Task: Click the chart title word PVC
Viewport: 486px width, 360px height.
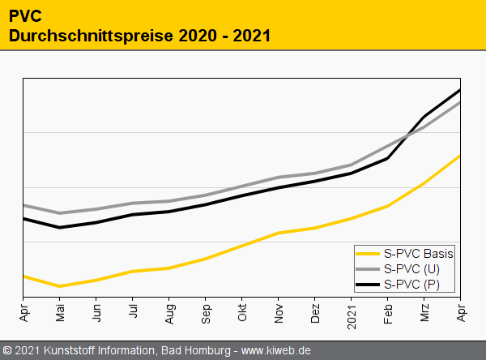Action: [27, 16]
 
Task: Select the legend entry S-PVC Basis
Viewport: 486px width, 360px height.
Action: [419, 254]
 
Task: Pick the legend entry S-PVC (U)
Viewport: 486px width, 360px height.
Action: [412, 268]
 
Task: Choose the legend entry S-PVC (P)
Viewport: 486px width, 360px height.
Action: [412, 284]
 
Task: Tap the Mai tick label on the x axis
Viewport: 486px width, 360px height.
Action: [60, 311]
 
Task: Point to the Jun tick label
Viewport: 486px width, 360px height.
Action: [96, 311]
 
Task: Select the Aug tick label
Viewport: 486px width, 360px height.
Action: [169, 311]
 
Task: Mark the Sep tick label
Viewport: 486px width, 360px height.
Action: [206, 311]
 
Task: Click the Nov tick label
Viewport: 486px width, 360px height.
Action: [279, 311]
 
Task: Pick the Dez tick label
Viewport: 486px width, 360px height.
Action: [315, 311]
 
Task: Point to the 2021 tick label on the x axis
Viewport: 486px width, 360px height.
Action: [352, 313]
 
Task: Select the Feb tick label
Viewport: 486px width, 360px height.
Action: [388, 311]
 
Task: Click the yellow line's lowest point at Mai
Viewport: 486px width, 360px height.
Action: [60, 286]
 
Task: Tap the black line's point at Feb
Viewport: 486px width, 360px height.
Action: [388, 158]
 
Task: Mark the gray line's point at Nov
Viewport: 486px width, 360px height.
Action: [279, 177]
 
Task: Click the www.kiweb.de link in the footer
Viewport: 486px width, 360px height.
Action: [277, 351]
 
